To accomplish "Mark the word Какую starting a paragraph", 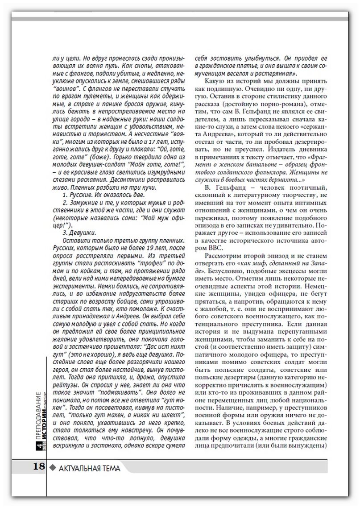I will click(213, 81).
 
